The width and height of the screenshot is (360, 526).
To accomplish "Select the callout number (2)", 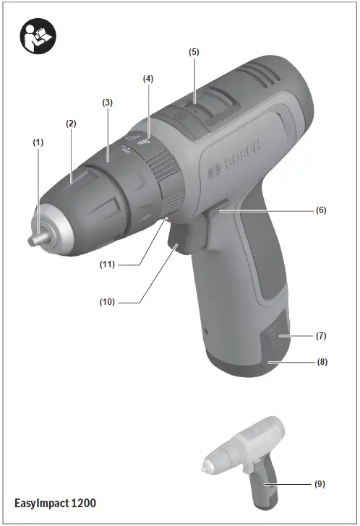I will point(71,124).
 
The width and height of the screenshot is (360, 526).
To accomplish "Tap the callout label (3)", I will point(107,103).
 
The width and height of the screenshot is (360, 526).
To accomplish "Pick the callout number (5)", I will point(194,52).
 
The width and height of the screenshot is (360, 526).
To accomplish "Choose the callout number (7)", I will point(321,337).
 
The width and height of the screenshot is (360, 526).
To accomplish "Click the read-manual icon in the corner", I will point(33,36).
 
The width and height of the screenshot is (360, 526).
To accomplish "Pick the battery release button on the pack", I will point(274,337).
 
